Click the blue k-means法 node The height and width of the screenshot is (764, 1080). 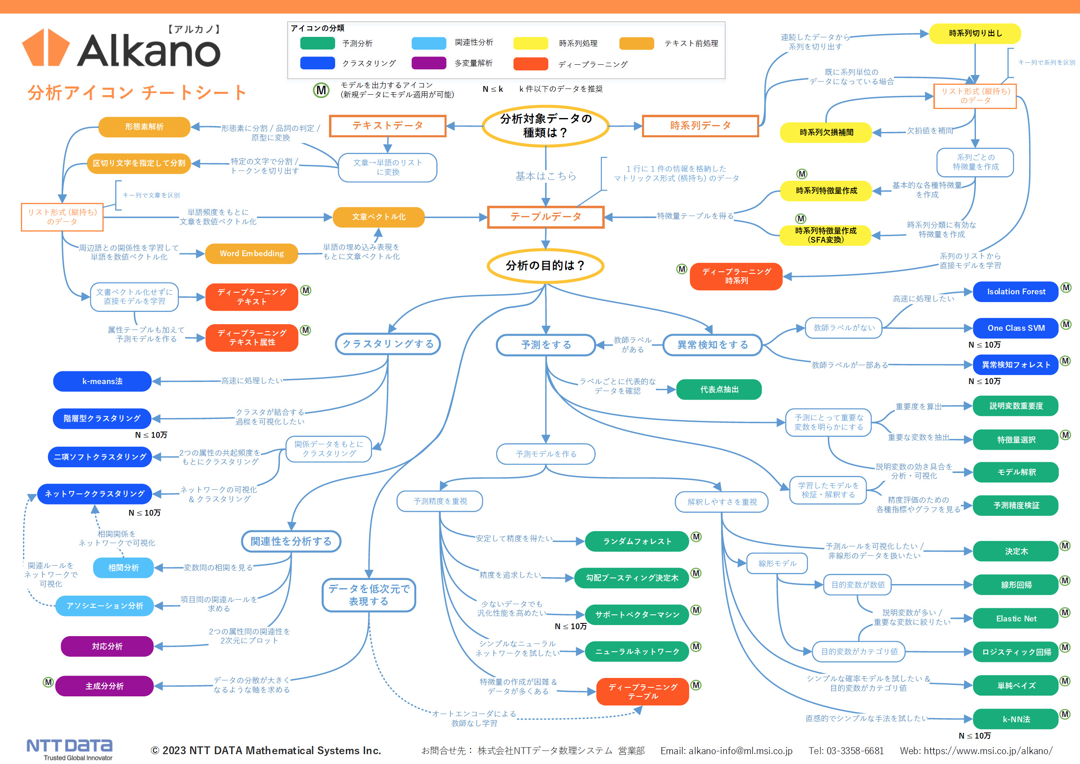pyautogui.click(x=102, y=381)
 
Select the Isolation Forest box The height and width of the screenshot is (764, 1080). pyautogui.click(x=1016, y=292)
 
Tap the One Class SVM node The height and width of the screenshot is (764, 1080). pyautogui.click(x=1016, y=328)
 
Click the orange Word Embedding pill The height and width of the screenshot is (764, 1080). pyautogui.click(x=252, y=254)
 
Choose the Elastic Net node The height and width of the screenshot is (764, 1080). pyautogui.click(x=1016, y=618)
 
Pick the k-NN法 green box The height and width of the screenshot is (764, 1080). pyautogui.click(x=1016, y=719)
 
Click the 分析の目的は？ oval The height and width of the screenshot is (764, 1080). pyautogui.click(x=546, y=266)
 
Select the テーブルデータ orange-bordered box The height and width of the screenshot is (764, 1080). pyautogui.click(x=546, y=217)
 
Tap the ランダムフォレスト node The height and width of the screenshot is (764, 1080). pyautogui.click(x=637, y=541)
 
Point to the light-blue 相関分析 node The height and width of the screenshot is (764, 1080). pyautogui.click(x=123, y=568)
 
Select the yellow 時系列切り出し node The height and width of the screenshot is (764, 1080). pyautogui.click(x=975, y=33)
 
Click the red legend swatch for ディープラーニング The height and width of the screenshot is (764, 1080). pyautogui.click(x=531, y=64)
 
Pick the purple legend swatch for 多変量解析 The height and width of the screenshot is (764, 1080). pyautogui.click(x=429, y=63)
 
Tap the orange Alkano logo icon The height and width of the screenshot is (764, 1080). pyautogui.click(x=45, y=48)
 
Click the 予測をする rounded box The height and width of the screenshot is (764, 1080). pyautogui.click(x=546, y=345)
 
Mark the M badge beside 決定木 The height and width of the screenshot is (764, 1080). pyautogui.click(x=1065, y=546)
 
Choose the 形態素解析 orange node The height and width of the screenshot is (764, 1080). pyautogui.click(x=144, y=127)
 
